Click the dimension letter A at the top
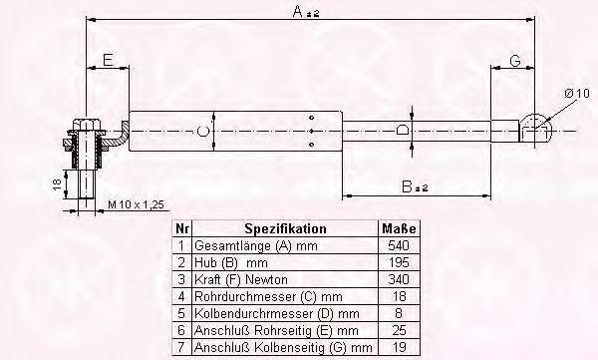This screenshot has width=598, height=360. (x=298, y=11)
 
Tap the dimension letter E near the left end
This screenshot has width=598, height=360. (x=108, y=60)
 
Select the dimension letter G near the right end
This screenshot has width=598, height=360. (x=515, y=60)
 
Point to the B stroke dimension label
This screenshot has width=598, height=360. (x=415, y=186)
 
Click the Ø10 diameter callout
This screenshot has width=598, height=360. (x=577, y=93)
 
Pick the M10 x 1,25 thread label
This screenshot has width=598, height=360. (x=136, y=204)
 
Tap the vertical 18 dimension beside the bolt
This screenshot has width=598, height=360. (x=57, y=184)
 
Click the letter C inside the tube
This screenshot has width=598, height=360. (x=203, y=131)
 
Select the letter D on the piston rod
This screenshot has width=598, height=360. (x=402, y=131)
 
